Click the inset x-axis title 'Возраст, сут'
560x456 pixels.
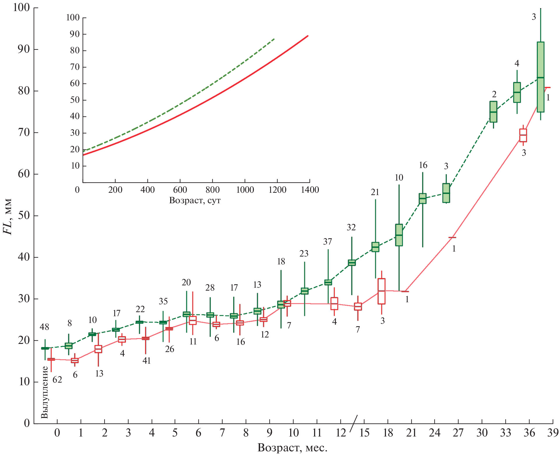[195, 200]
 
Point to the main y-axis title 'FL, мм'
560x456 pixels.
[8, 217]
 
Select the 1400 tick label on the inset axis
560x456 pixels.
[309, 190]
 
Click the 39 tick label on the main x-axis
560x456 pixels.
[552, 433]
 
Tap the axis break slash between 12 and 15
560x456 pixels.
[353, 423]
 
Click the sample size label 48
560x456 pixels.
[44, 327]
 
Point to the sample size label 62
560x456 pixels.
[57, 380]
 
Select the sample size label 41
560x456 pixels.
[146, 361]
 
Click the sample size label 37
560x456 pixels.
[327, 241]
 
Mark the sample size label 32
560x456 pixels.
[351, 227]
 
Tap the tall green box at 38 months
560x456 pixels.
[540, 77]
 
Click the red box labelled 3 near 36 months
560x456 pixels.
[523, 135]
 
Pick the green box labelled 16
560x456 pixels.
[422, 198]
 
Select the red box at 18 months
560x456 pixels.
[381, 291]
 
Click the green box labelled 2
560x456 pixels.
[493, 112]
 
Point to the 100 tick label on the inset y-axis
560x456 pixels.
[73, 17]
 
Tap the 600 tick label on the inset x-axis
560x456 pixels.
[180, 190]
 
